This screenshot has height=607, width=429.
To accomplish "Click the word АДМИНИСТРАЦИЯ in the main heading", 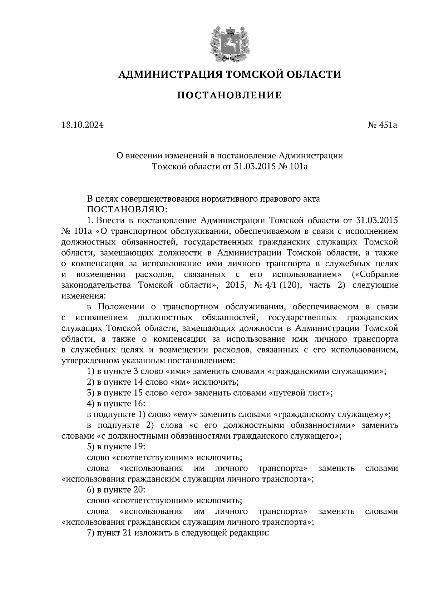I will [166, 75].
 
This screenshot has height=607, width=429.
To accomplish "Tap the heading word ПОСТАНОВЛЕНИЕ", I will [230, 95].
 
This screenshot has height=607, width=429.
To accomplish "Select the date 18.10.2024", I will [83, 125].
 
